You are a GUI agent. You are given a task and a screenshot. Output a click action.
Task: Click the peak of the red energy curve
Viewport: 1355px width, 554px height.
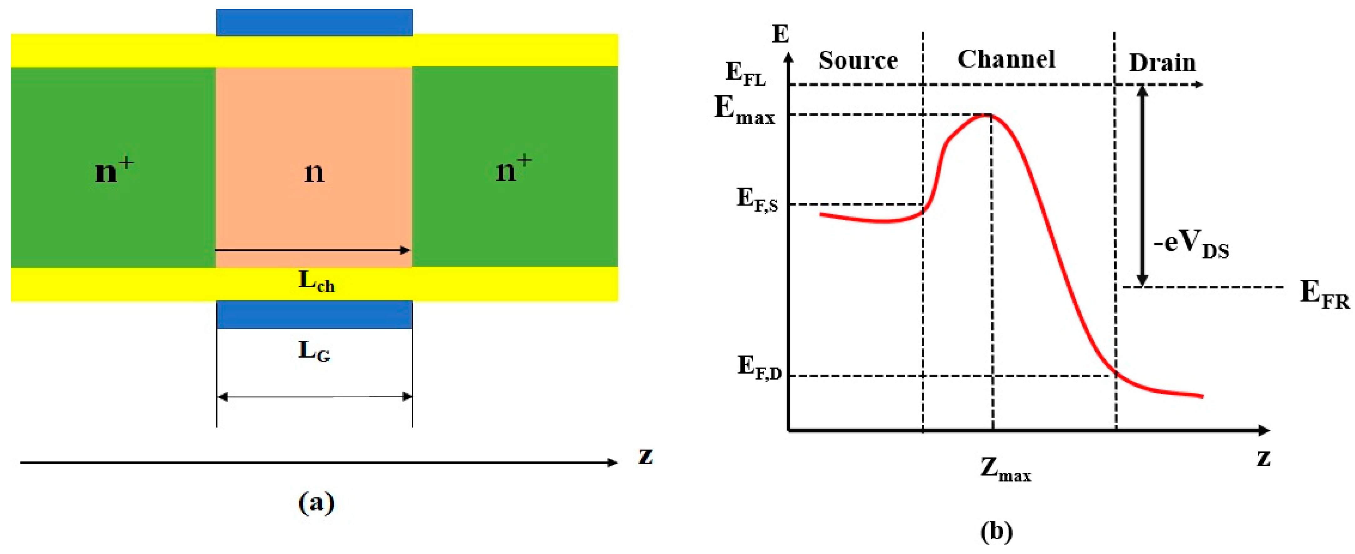(x=987, y=115)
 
